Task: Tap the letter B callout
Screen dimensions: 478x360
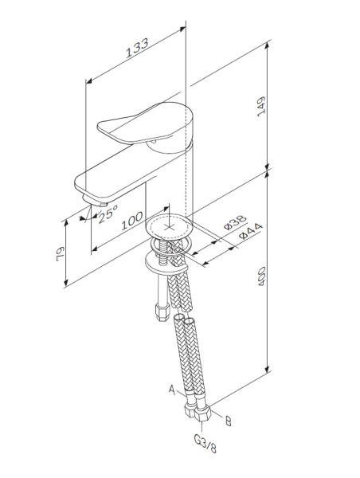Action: tap(229, 419)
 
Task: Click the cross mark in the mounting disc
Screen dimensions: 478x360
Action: tap(168, 226)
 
